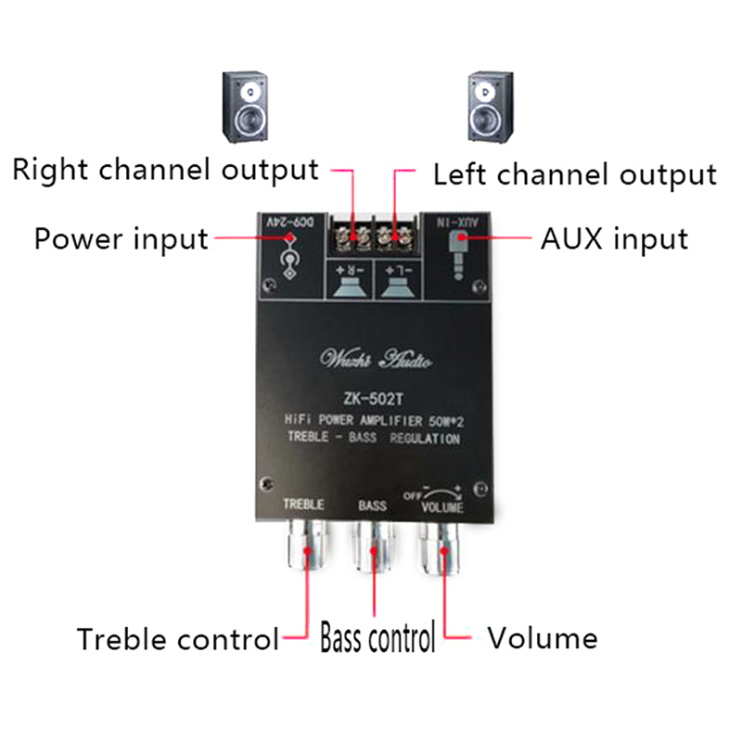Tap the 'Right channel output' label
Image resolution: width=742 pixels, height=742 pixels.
click(166, 171)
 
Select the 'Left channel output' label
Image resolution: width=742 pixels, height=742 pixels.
click(575, 174)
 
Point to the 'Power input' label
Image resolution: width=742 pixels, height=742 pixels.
click(121, 238)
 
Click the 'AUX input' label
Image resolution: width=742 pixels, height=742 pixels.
click(614, 238)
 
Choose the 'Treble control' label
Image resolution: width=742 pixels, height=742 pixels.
click(177, 639)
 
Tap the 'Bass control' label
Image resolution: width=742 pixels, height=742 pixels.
click(377, 639)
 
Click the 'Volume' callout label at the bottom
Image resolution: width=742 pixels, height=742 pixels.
click(543, 638)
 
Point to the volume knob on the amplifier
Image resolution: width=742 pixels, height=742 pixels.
click(444, 554)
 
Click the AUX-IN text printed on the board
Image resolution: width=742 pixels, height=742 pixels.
click(460, 223)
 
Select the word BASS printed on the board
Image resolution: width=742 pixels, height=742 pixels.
click(372, 506)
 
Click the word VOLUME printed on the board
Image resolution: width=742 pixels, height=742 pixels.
click(442, 507)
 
